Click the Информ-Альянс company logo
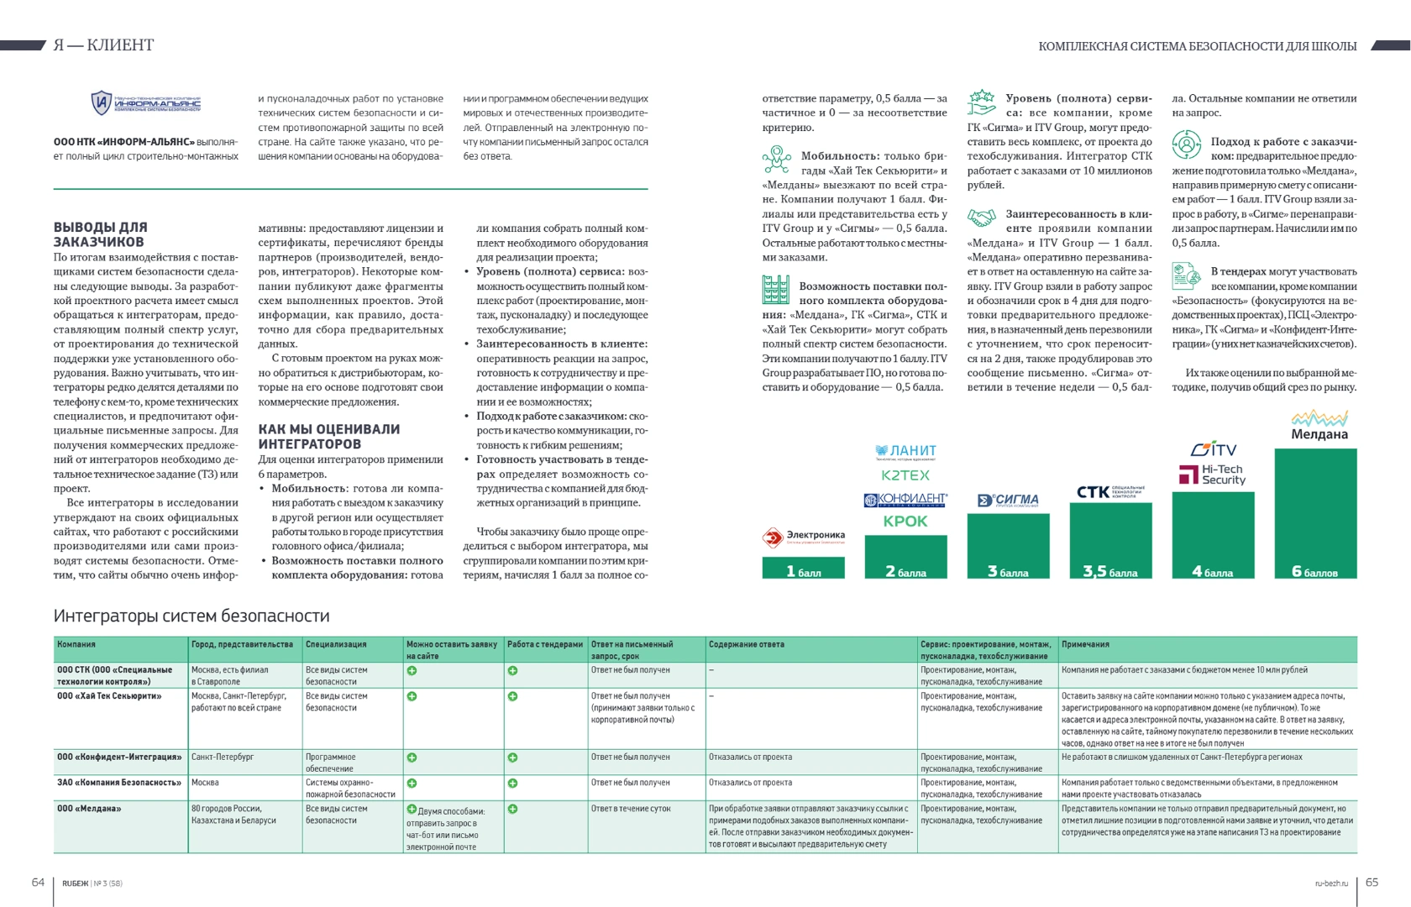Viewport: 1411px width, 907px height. pyautogui.click(x=146, y=103)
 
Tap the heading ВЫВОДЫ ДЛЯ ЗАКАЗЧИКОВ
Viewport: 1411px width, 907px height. pyautogui.click(x=100, y=234)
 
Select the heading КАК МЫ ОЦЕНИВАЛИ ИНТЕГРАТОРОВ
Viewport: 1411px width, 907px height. pyautogui.click(x=328, y=436)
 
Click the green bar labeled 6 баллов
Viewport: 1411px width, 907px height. pyautogui.click(x=1315, y=513)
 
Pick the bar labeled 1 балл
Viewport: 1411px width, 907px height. pyautogui.click(x=804, y=569)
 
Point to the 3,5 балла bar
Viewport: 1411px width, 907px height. pyautogui.click(x=1110, y=541)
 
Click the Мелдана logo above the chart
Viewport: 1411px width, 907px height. pyautogui.click(x=1319, y=426)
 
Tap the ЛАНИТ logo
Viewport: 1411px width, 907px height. pyautogui.click(x=905, y=452)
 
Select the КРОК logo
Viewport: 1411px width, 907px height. pyautogui.click(x=905, y=522)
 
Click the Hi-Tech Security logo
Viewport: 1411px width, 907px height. pyautogui.click(x=1213, y=474)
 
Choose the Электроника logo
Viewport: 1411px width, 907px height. pyautogui.click(x=804, y=537)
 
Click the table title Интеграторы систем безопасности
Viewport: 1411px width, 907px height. pyautogui.click(x=191, y=616)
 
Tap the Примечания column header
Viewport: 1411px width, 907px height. pyautogui.click(x=1085, y=644)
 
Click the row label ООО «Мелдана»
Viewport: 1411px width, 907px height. pyautogui.click(x=89, y=809)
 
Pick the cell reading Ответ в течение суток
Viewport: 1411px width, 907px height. pyautogui.click(x=631, y=809)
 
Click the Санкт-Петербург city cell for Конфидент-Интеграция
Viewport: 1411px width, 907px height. pyautogui.click(x=223, y=757)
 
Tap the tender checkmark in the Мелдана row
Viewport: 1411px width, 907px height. pyautogui.click(x=512, y=809)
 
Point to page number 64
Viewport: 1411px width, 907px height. pyautogui.click(x=38, y=882)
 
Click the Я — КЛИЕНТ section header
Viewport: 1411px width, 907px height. pyautogui.click(x=103, y=45)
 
